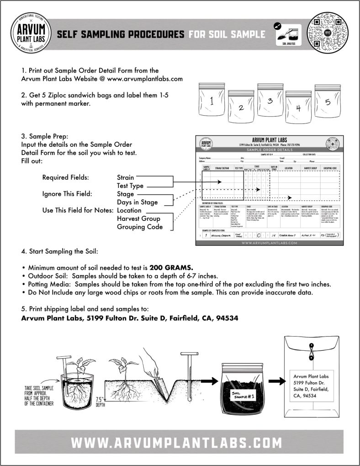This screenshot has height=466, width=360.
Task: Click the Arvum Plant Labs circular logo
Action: pyautogui.click(x=31, y=33)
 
